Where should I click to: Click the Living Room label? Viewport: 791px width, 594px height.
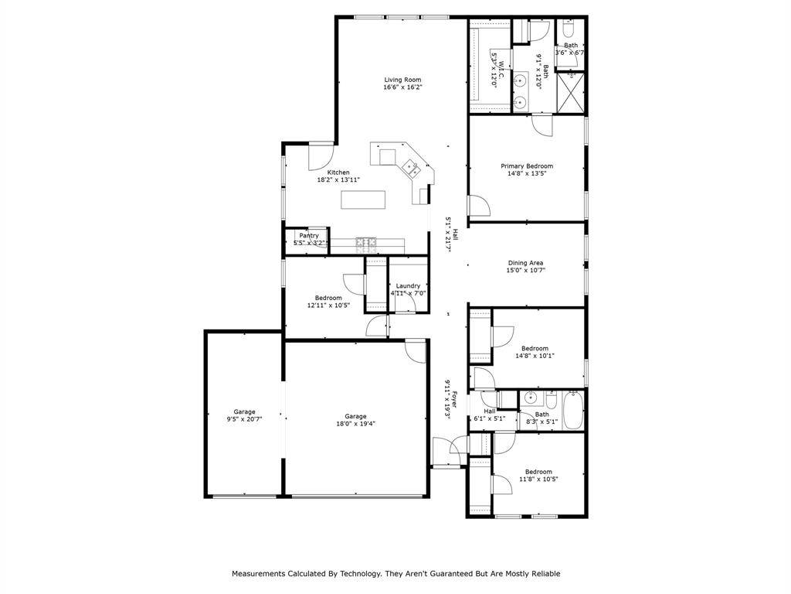click(402, 80)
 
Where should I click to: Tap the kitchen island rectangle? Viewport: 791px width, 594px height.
click(363, 200)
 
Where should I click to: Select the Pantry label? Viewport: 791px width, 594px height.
click(309, 236)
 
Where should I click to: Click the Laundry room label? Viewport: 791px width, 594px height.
click(408, 286)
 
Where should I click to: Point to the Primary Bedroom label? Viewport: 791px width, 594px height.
click(527, 166)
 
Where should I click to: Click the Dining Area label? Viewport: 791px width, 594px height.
click(525, 263)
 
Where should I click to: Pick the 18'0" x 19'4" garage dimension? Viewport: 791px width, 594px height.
click(355, 425)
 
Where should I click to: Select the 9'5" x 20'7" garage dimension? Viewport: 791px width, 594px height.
click(244, 418)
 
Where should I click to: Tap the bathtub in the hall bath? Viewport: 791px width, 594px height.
click(572, 410)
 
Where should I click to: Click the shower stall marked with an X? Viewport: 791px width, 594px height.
click(571, 93)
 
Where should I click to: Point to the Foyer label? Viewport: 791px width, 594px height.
click(454, 400)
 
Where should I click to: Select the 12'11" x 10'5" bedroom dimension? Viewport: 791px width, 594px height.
click(328, 305)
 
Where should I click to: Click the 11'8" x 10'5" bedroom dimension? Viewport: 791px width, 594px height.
click(538, 480)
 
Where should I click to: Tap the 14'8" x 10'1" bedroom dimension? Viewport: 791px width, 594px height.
click(535, 356)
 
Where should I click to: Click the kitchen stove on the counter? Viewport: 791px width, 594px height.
click(366, 244)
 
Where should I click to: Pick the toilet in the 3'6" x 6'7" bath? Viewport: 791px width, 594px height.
click(568, 30)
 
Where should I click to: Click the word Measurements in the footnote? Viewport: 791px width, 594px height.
click(258, 574)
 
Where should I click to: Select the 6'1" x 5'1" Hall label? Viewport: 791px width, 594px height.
click(489, 411)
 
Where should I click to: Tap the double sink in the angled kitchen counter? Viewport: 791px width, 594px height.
click(411, 168)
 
